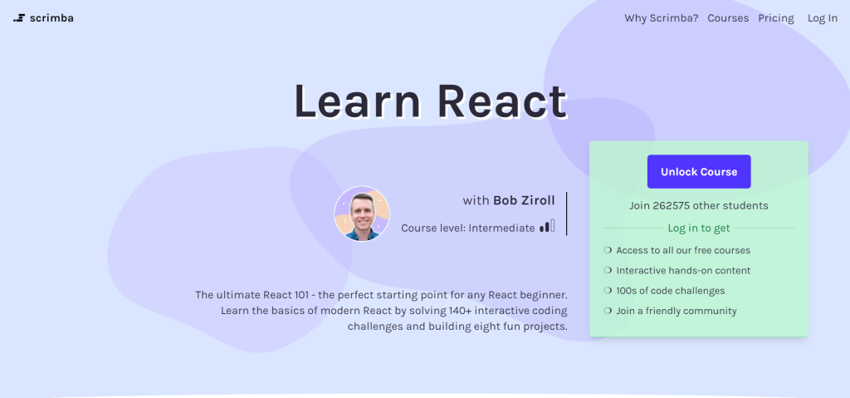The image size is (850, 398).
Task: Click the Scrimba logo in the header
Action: [x=43, y=17]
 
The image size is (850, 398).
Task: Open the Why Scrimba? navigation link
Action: [x=661, y=18]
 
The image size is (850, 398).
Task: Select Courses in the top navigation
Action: [x=727, y=18]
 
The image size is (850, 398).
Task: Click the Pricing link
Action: [x=775, y=18]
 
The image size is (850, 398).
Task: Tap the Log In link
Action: [x=822, y=18]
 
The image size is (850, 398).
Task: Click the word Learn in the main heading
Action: [x=358, y=101]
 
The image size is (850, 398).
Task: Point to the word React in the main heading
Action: [x=502, y=101]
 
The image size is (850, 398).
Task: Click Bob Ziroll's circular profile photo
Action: [x=362, y=214]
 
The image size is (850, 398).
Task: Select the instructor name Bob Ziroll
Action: [x=524, y=200]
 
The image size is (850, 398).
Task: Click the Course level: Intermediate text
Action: [x=467, y=228]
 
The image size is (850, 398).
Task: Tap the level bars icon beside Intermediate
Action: [x=546, y=226]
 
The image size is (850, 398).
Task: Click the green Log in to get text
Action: [x=698, y=228]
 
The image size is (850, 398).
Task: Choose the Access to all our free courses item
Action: [x=682, y=250]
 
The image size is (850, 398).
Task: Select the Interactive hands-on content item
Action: [x=682, y=270]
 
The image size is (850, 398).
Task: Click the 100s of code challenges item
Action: [x=670, y=291]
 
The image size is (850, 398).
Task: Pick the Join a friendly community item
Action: [x=676, y=311]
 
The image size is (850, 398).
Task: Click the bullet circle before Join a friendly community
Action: [x=608, y=311]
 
